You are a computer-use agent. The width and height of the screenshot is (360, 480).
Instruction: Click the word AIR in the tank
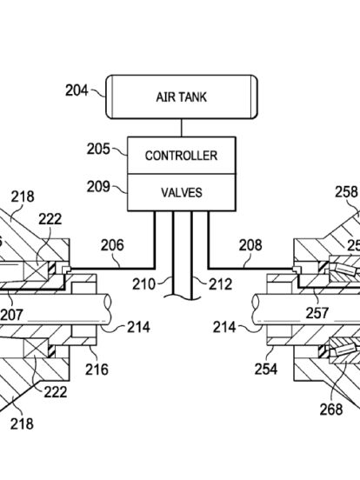(x=164, y=97)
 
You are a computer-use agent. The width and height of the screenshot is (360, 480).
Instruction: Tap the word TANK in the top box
(x=191, y=97)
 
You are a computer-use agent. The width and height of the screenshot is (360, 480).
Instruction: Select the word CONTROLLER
(x=181, y=156)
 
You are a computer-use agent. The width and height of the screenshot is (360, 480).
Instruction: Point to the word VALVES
(x=182, y=192)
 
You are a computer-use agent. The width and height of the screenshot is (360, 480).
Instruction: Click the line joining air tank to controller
(x=182, y=128)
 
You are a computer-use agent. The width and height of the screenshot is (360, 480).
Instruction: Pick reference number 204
(x=77, y=90)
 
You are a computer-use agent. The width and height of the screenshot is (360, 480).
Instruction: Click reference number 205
(x=98, y=149)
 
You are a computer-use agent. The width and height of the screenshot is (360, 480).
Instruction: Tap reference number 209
(x=98, y=186)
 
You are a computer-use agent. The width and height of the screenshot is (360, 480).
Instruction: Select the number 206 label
(x=112, y=245)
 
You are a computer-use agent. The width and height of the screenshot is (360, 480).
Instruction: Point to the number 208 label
(x=250, y=245)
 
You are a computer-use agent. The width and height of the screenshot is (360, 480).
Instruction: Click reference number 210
(x=143, y=284)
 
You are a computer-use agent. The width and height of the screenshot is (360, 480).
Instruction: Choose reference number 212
(x=220, y=284)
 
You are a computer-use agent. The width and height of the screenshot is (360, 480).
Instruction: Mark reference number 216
(x=97, y=370)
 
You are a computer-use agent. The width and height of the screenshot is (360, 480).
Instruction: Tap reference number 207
(x=11, y=315)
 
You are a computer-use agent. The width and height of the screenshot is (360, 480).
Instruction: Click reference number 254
(x=266, y=369)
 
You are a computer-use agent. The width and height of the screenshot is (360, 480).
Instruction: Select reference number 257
(x=317, y=313)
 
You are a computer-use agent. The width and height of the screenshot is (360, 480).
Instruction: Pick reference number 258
(x=346, y=192)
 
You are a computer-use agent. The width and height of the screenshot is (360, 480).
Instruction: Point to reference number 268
(x=331, y=410)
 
